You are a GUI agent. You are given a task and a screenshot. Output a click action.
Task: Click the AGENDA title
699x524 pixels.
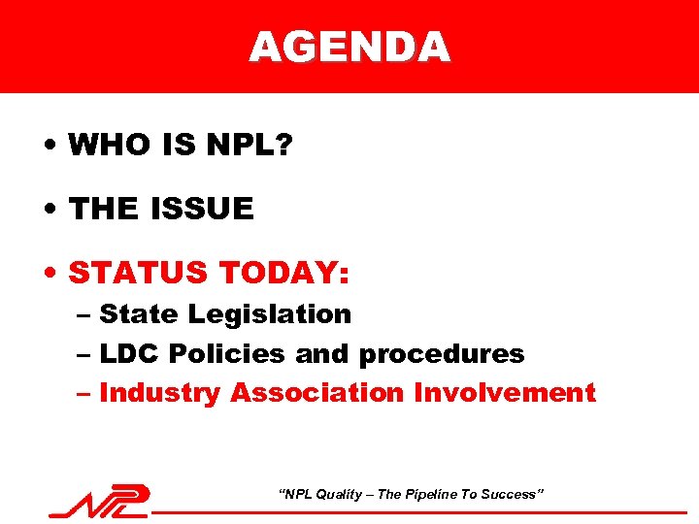pos(349,46)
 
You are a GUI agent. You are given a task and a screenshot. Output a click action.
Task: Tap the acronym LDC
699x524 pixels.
pos(132,354)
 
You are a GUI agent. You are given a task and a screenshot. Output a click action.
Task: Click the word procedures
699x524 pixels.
pos(442,355)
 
